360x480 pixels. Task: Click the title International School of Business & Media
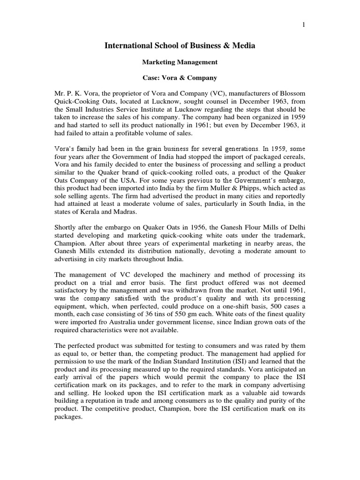180,46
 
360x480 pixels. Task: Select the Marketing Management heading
180,61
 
